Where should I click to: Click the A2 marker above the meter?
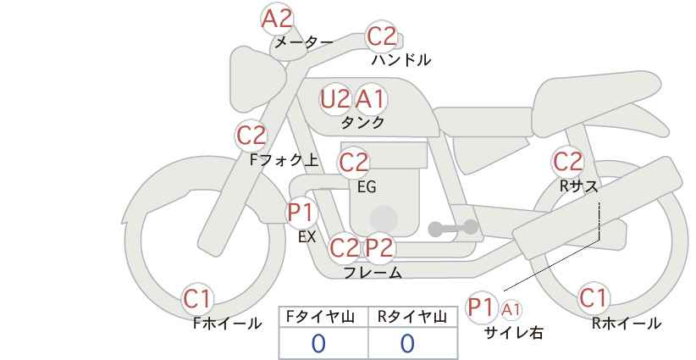pos(277,19)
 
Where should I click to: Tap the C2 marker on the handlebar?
pos(382,36)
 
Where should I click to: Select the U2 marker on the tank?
pos(335,99)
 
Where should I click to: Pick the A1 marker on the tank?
pos(370,99)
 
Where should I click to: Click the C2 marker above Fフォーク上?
pos(251,136)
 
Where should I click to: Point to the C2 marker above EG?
pos(354,163)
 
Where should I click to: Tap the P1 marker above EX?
pos(301,213)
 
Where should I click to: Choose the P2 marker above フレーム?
pos(379,247)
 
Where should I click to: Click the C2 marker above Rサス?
pos(567,162)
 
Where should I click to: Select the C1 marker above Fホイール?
pos(197,299)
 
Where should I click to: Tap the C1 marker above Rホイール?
pos(593,298)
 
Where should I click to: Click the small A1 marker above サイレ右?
pos(511,309)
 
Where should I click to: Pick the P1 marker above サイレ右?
pos(482,307)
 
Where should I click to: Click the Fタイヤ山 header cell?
pos(323,318)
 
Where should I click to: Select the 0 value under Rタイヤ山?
pos(407,344)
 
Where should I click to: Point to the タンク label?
pos(362,122)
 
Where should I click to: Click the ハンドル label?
pos(400,59)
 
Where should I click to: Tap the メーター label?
pos(304,42)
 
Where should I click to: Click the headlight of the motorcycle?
pos(256,80)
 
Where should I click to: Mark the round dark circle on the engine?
pos(384,219)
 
